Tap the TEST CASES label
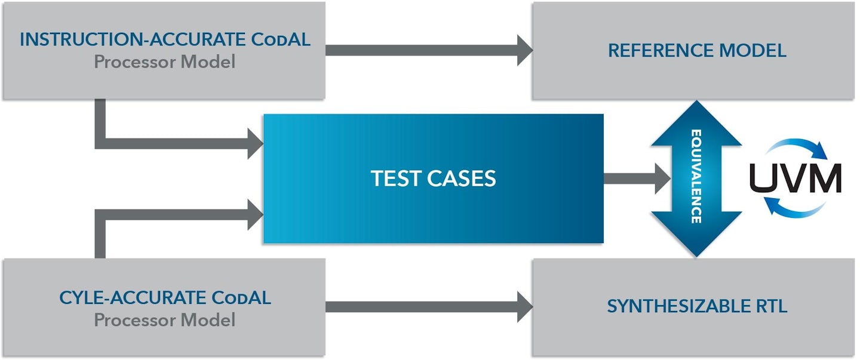pyautogui.click(x=434, y=179)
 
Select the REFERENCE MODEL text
pyautogui.click(x=697, y=51)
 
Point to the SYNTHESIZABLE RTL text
pyautogui.click(x=697, y=307)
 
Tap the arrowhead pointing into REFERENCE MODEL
pyautogui.click(x=524, y=50)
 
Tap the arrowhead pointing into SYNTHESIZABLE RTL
pyautogui.click(x=524, y=307)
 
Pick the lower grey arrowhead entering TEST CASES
pyautogui.click(x=255, y=214)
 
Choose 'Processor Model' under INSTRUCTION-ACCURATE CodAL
pyautogui.click(x=165, y=62)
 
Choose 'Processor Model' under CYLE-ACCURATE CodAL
pyautogui.click(x=165, y=320)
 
